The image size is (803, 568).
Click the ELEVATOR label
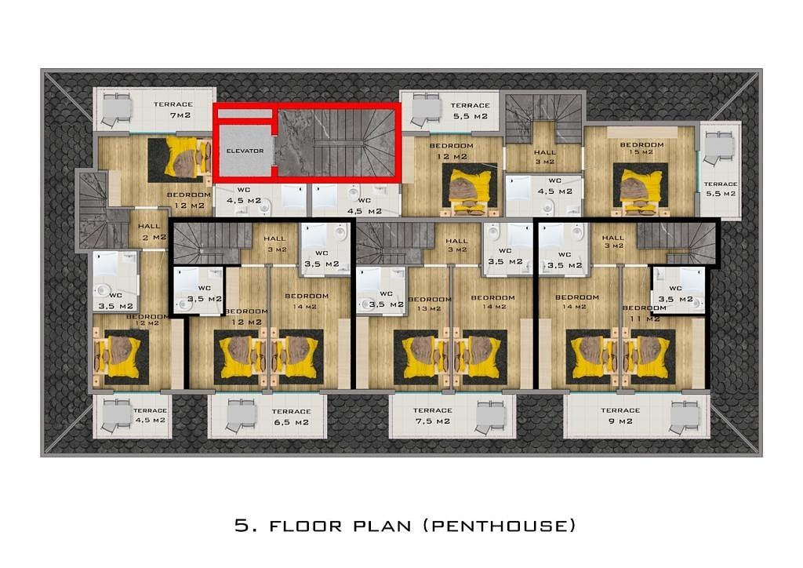[x=245, y=151]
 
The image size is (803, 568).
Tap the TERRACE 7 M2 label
[x=173, y=110]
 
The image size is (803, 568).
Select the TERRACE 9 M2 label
[x=620, y=416]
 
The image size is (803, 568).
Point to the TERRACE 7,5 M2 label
[x=433, y=416]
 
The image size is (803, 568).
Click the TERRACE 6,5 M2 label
[x=291, y=417]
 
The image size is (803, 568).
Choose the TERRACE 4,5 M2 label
[x=150, y=415]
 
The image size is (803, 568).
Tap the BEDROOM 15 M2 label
[x=641, y=148]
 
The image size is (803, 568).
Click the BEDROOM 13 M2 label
[x=430, y=304]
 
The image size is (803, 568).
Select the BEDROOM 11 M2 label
[x=645, y=313]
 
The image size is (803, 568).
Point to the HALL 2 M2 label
[x=152, y=231]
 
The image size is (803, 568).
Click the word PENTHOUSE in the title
[x=500, y=526]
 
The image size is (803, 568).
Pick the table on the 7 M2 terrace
[x=116, y=109]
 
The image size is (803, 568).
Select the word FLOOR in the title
[x=305, y=526]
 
